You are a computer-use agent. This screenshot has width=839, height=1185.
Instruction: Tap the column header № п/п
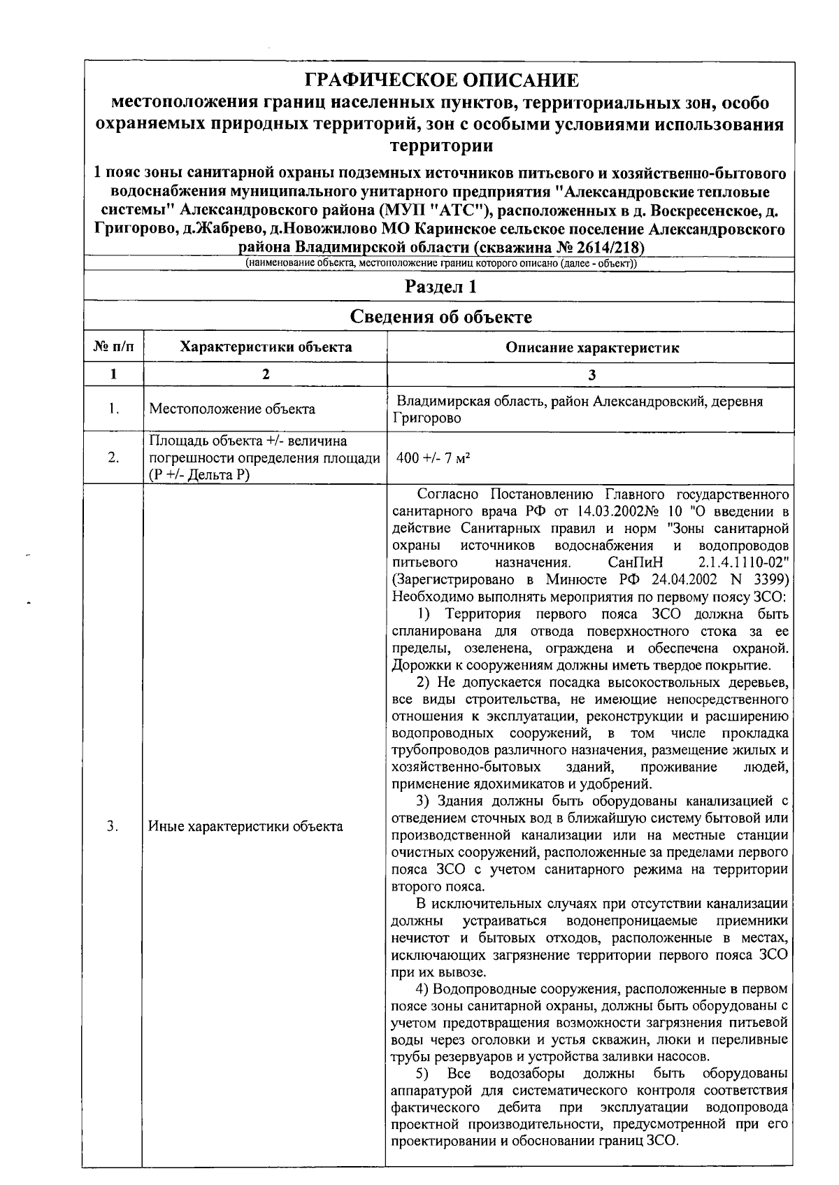tap(113, 347)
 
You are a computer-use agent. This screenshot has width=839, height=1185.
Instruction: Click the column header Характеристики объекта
tap(266, 347)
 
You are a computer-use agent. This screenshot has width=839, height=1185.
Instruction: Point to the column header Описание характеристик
tap(592, 348)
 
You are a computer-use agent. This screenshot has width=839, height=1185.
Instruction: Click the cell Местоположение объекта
tap(232, 409)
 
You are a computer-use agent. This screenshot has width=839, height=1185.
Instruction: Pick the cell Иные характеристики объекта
tap(246, 826)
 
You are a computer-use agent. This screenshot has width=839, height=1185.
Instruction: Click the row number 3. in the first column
tap(113, 826)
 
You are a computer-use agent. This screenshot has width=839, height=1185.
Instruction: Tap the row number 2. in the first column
tap(113, 458)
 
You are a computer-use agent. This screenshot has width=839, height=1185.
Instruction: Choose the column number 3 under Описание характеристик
tap(591, 374)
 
